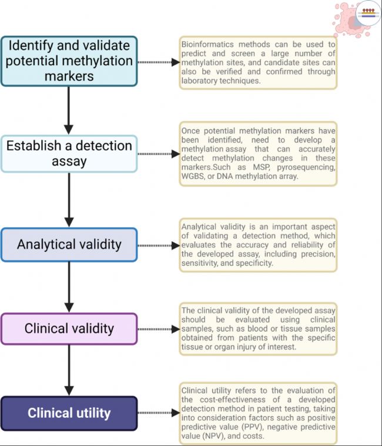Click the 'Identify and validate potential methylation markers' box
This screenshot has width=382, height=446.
tap(69, 61)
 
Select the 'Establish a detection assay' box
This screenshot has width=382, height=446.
tap(69, 154)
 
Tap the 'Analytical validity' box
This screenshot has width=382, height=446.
tap(69, 245)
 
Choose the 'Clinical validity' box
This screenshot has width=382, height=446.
tap(69, 329)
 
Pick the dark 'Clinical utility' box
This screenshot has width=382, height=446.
tap(69, 413)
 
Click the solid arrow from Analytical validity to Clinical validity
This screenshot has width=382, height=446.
tap(69, 288)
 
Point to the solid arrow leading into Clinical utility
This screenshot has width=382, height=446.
tap(69, 370)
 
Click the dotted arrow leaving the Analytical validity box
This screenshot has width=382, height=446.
tap(159, 245)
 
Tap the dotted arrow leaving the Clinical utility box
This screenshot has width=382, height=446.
tap(159, 413)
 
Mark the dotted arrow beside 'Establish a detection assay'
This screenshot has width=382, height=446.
tap(159, 154)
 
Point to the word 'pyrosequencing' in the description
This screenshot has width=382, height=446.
tap(306, 167)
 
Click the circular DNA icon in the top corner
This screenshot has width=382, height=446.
tap(368, 13)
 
